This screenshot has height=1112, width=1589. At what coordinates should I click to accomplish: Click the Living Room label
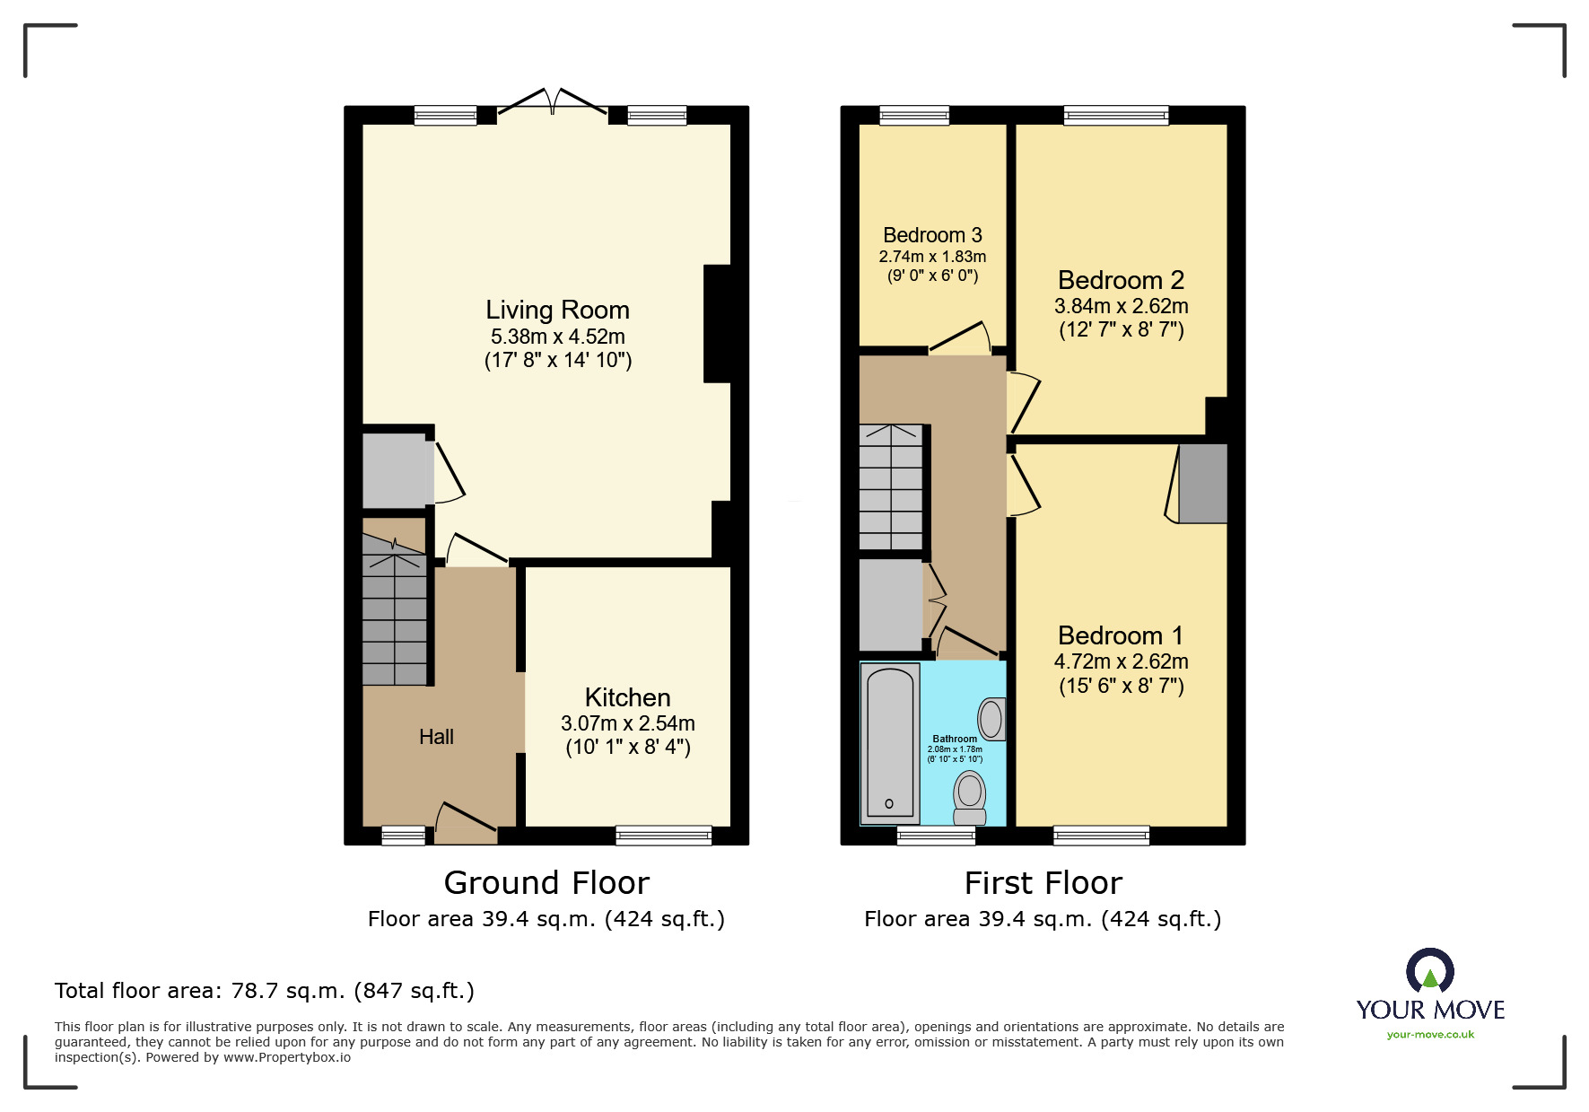click(x=557, y=311)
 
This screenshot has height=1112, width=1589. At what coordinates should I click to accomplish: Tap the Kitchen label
click(x=627, y=697)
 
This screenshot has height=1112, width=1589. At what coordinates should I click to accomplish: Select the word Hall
click(x=436, y=737)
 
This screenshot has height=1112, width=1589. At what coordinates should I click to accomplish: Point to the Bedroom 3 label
click(x=932, y=235)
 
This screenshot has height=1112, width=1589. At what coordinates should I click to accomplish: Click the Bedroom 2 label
click(x=1121, y=280)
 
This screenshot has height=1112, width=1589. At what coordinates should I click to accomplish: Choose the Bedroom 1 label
click(x=1121, y=635)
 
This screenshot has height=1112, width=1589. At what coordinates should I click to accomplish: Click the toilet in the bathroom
click(x=970, y=797)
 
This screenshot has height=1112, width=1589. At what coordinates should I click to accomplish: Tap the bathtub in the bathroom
click(x=890, y=743)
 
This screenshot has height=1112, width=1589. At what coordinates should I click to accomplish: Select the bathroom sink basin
click(x=991, y=719)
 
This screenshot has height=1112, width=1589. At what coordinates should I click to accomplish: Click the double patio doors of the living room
click(x=553, y=102)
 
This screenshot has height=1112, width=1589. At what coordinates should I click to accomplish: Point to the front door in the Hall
click(x=466, y=823)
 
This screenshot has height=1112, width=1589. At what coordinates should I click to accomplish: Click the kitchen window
click(x=664, y=836)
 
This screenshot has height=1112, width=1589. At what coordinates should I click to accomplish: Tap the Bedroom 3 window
click(x=914, y=115)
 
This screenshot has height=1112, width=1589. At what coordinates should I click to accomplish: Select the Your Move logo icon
click(x=1430, y=971)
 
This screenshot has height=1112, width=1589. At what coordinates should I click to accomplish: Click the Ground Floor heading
click(x=546, y=883)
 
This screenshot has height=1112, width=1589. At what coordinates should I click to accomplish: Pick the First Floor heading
click(x=1043, y=883)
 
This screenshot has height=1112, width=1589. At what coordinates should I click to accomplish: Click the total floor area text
click(x=265, y=991)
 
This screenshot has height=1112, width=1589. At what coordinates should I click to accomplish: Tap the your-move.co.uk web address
click(x=1430, y=1035)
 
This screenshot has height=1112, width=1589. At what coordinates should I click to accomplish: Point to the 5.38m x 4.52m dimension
click(x=557, y=337)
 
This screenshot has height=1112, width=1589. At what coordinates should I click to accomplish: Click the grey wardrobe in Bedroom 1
click(x=1202, y=483)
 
